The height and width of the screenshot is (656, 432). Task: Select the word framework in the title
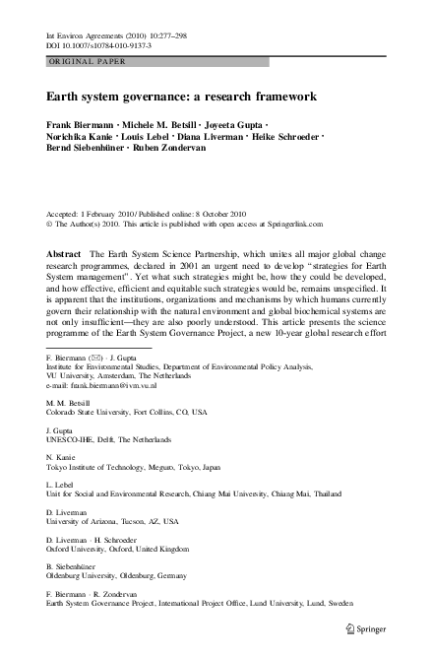coord(281,98)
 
